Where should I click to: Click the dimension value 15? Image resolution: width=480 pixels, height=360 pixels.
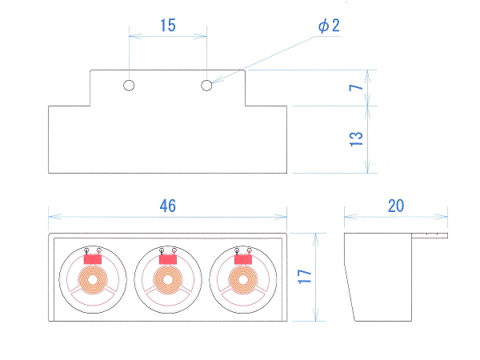click(x=168, y=26)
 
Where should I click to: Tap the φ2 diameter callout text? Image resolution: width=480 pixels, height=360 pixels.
click(x=329, y=26)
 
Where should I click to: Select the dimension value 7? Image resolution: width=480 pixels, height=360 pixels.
click(x=356, y=88)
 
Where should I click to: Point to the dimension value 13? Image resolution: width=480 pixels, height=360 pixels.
click(x=356, y=139)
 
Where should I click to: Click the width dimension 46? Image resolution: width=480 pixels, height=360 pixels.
click(x=168, y=206)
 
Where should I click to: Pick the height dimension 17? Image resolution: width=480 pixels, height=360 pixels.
click(x=305, y=277)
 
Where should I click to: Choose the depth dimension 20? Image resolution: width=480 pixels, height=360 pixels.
click(x=396, y=206)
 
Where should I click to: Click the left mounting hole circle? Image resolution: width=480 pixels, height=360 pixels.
click(x=129, y=86)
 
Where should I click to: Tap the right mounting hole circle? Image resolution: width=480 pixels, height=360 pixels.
click(x=206, y=86)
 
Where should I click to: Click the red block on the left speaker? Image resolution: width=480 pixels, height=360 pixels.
click(x=93, y=259)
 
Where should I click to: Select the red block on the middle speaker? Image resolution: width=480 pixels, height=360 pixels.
click(x=168, y=259)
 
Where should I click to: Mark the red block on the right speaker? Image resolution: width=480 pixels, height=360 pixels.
click(x=243, y=259)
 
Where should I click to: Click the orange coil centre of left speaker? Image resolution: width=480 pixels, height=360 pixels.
click(x=93, y=280)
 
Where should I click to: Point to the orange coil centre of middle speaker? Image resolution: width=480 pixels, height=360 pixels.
click(x=168, y=280)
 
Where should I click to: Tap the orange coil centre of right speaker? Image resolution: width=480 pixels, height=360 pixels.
click(x=243, y=280)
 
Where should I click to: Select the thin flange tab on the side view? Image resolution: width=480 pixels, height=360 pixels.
click(x=430, y=235)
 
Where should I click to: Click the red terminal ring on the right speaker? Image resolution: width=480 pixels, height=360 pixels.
click(x=250, y=250)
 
